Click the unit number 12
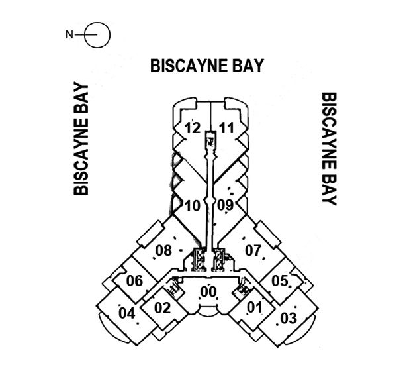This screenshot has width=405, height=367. point(193,128)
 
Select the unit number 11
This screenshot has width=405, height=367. point(227,128)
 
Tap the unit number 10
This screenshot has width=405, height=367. point(192,205)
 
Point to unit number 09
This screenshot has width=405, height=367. point(225,205)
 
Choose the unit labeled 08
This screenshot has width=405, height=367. point(163,250)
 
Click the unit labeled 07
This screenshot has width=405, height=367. point(253,250)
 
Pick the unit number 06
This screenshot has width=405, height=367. point(134,281)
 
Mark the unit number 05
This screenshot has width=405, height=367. point(279,281)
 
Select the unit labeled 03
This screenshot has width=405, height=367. point(288,318)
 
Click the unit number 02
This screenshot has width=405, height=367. point(162,308)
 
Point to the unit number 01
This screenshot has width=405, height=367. point(253,308)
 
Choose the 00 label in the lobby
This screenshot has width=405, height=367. point(208,291)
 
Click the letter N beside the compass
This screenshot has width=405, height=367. point(69,34)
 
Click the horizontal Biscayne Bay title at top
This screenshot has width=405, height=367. point(207,66)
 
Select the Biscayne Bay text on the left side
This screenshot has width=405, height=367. point(81,139)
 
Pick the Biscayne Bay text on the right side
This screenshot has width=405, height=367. point(329,148)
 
